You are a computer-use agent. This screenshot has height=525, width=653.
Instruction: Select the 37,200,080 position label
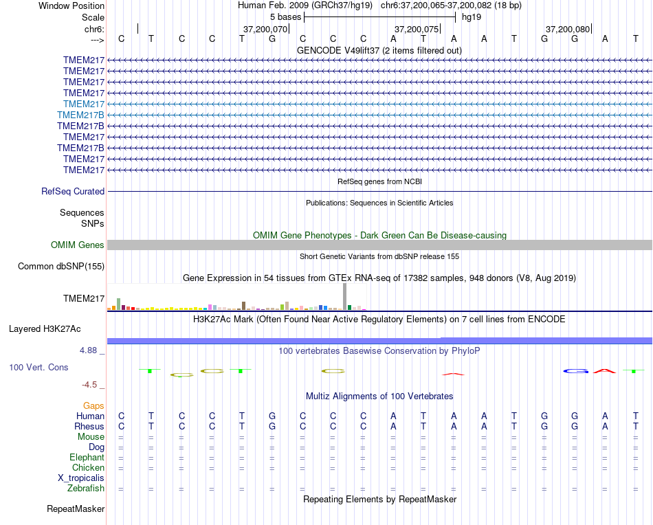pos(568,29)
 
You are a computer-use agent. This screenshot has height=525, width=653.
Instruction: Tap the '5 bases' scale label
pos(285,16)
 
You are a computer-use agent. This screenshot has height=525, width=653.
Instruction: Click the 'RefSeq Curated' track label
pos(73,192)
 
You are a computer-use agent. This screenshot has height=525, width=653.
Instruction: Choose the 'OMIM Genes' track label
pos(78,245)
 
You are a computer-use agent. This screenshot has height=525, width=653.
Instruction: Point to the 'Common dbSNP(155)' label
pos(61,267)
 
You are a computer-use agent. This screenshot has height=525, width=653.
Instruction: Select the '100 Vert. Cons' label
pos(38,368)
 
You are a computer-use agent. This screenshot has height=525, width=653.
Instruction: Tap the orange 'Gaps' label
pos(93,406)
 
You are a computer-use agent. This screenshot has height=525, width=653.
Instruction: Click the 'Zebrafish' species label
pos(86,489)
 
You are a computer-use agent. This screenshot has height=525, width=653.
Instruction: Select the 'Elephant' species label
pos(87,458)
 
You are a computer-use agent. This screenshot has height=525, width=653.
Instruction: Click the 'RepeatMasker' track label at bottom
pos(76,509)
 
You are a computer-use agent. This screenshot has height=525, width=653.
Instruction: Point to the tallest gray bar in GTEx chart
pos(344,297)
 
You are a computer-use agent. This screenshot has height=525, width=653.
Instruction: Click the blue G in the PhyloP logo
pos(577,371)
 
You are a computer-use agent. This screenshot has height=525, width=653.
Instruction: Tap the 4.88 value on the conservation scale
pos(91,350)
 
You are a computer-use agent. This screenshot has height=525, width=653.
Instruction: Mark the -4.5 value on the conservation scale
pos(93,385)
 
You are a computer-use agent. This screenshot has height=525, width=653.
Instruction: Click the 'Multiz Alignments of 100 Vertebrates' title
pos(379,396)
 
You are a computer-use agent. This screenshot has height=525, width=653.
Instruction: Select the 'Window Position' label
pos(71,5)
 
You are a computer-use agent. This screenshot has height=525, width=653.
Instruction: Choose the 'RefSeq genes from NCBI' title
pos(379,181)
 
